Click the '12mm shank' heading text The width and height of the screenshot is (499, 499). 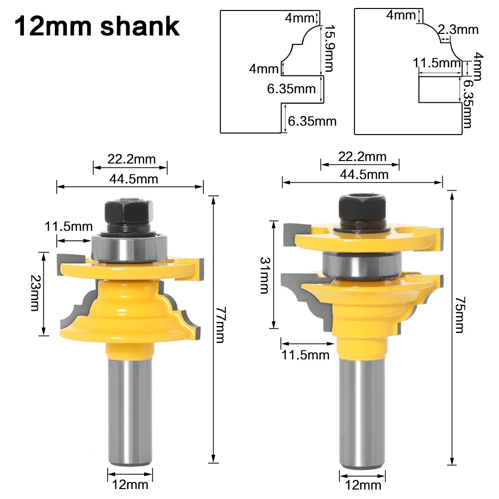[96, 26]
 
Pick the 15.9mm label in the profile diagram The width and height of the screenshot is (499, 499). [329, 48]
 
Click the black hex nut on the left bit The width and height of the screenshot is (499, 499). [129, 213]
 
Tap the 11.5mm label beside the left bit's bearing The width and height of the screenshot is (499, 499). [69, 227]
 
